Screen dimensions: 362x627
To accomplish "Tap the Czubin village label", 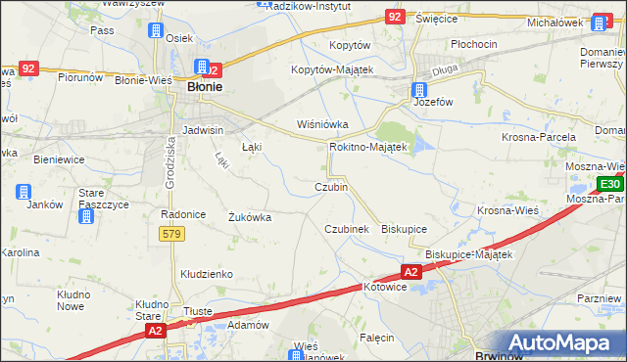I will click(330, 187).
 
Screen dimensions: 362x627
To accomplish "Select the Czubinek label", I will click(346, 228).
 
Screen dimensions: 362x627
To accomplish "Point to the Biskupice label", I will click(404, 228).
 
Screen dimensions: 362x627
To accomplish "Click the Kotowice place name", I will click(384, 288).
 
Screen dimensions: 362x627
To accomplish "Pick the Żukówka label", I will click(249, 217).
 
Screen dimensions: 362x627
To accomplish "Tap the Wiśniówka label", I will click(323, 124).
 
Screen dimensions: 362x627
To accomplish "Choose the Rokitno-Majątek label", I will click(367, 146).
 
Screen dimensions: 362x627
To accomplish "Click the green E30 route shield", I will click(609, 184).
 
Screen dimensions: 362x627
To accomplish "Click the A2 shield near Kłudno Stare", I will click(155, 332).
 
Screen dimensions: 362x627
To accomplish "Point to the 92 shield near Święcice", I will click(394, 17).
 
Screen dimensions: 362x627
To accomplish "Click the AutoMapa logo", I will click(561, 341).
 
